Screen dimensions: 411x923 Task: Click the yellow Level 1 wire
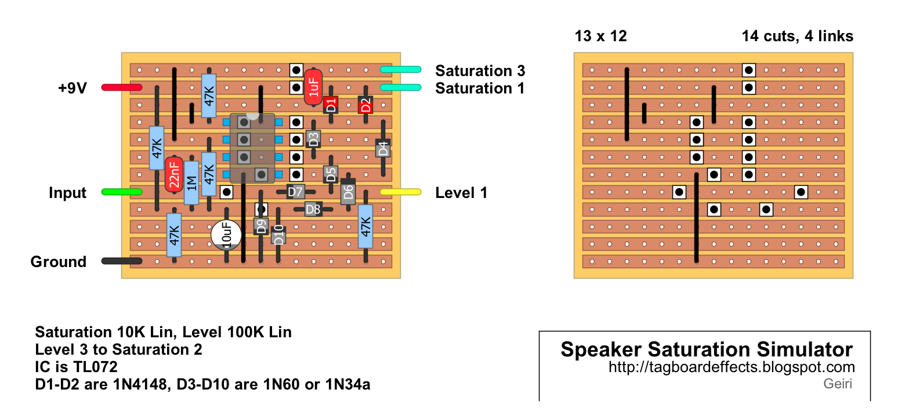click(400, 192)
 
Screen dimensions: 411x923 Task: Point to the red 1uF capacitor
click(313, 87)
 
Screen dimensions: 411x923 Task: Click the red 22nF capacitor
click(174, 174)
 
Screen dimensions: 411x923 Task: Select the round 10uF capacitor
click(226, 235)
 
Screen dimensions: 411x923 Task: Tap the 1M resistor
click(191, 183)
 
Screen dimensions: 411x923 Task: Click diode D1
click(331, 105)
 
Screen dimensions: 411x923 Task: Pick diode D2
click(365, 105)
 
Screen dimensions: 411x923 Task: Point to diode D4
click(383, 149)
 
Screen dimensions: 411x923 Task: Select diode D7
click(295, 192)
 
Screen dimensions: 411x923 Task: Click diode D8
click(313, 210)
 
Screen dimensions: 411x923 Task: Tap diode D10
click(278, 235)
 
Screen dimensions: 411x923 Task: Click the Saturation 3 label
click(480, 71)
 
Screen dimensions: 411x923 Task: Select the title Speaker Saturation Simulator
click(706, 349)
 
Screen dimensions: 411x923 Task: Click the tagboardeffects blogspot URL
click(732, 367)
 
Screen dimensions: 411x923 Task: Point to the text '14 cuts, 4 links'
click(797, 36)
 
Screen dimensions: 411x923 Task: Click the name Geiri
click(838, 384)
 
